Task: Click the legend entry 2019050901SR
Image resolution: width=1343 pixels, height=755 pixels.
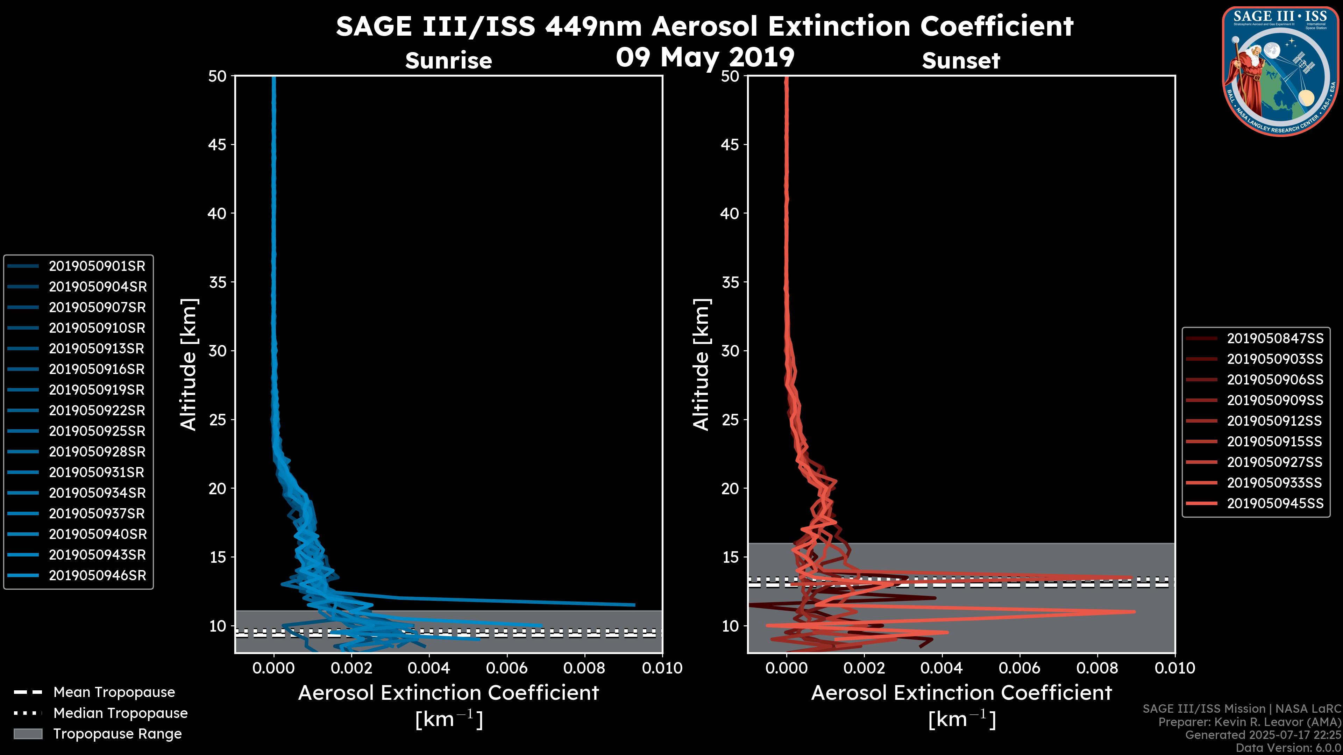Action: [x=97, y=266]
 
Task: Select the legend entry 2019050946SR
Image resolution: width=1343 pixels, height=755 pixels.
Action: [x=97, y=576]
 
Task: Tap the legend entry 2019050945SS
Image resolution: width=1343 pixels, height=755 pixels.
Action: [x=1275, y=503]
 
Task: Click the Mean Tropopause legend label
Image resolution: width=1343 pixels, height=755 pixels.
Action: [x=114, y=692]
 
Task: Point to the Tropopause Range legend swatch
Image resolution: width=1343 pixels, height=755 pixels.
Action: [x=28, y=734]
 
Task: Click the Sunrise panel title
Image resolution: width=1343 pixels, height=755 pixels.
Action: [x=448, y=61]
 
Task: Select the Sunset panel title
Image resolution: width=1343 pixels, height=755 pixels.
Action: [x=960, y=61]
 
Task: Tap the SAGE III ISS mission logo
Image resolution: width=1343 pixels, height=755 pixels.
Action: [x=1280, y=71]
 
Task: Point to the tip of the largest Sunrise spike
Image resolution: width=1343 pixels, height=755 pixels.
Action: [x=634, y=605]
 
